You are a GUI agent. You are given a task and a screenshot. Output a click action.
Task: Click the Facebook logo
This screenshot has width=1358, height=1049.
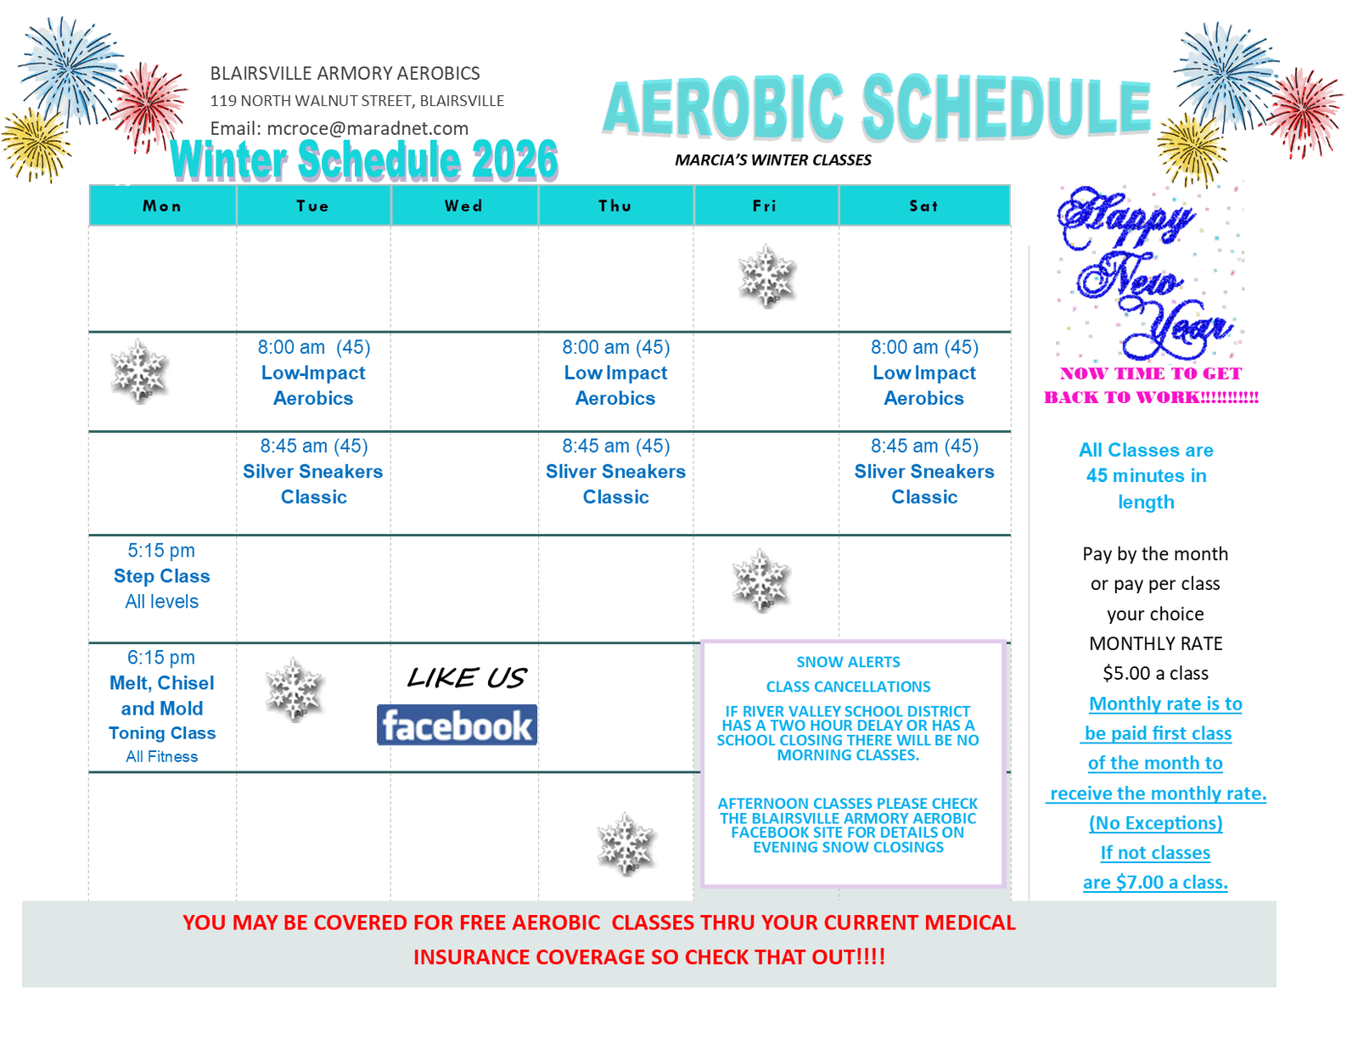click(x=457, y=726)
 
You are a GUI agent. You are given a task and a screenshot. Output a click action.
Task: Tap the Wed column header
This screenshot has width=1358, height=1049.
click(x=463, y=206)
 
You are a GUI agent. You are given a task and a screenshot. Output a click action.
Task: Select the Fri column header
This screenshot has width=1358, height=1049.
click(x=765, y=206)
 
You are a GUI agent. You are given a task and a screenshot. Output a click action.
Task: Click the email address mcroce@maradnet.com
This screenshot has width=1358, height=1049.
click(x=368, y=129)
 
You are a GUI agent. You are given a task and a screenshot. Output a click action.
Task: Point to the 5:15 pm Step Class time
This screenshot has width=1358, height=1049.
click(x=161, y=551)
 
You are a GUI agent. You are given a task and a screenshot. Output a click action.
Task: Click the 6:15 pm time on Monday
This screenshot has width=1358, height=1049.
click(x=161, y=658)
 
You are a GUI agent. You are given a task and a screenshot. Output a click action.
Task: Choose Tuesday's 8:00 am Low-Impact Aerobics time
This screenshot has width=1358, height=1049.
click(x=290, y=348)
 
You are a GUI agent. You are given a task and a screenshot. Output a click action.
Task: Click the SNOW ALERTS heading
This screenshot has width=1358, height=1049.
click(x=848, y=662)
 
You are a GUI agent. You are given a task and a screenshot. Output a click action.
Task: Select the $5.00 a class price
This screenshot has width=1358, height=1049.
click(x=1155, y=674)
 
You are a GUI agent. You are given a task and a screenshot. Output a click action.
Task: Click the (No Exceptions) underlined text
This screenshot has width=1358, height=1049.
click(x=1155, y=823)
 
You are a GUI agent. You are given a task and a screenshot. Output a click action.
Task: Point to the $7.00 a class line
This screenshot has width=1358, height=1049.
click(x=1155, y=883)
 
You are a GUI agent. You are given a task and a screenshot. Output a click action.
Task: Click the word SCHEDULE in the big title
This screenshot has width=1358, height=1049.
click(x=1007, y=108)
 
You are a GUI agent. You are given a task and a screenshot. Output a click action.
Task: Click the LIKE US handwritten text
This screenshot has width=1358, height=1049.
click(x=467, y=678)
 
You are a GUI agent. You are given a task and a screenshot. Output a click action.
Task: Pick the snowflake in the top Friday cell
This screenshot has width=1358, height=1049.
click(x=766, y=276)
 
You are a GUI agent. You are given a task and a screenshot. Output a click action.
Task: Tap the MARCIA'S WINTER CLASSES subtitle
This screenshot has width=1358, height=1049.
click(x=773, y=160)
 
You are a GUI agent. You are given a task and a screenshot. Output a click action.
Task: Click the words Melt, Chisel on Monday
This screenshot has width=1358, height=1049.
click(x=161, y=683)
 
